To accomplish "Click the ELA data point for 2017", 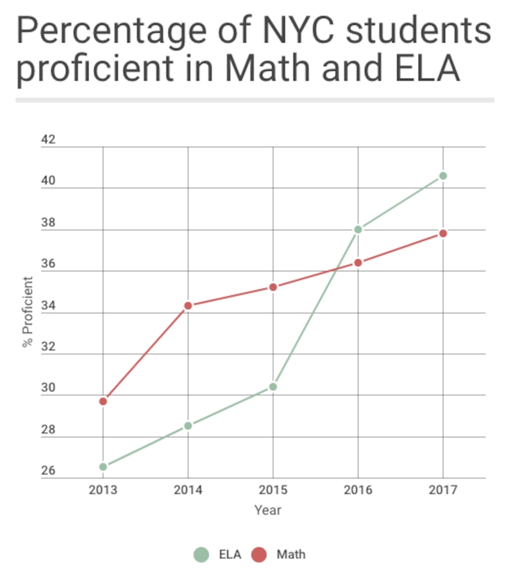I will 442,176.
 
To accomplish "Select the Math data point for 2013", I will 103,401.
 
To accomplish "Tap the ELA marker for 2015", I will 273,386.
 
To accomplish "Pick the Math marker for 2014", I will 188,305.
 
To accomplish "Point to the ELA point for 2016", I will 358,229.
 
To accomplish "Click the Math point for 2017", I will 442,233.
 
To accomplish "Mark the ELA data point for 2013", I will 103,466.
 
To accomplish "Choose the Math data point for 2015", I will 273,287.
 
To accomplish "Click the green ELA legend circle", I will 201,554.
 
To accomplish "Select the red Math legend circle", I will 258,554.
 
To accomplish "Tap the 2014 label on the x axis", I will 188,491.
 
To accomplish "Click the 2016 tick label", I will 358,491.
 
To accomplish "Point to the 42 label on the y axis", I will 49,140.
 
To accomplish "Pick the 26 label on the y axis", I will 49,471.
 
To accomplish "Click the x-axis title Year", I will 267,511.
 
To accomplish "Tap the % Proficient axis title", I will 28,312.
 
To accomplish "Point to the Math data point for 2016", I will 358,262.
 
